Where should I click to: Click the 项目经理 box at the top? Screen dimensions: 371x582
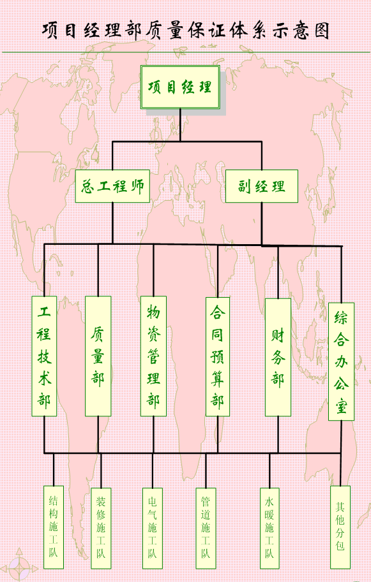click(x=180, y=87)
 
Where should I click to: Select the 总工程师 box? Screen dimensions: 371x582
click(x=112, y=186)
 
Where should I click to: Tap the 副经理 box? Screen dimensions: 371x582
click(x=262, y=186)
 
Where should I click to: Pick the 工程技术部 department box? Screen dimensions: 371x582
click(x=44, y=356)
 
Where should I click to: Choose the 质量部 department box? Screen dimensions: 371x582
click(x=98, y=356)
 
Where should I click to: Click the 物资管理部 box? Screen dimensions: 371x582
click(x=153, y=356)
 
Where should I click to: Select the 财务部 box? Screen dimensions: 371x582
click(x=278, y=358)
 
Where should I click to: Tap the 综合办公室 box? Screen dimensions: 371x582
click(x=341, y=361)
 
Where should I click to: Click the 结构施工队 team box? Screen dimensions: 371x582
click(x=54, y=527)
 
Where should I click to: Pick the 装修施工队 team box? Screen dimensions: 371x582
click(x=101, y=528)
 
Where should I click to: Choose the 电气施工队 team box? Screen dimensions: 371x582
click(x=153, y=528)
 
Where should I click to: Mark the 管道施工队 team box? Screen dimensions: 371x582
click(x=206, y=528)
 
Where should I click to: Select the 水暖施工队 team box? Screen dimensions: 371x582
click(x=269, y=528)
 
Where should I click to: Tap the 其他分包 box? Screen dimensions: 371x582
click(x=340, y=527)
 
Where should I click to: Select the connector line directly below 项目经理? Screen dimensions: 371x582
click(x=180, y=125)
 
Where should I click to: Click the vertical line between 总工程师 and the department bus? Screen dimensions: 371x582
click(x=112, y=223)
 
